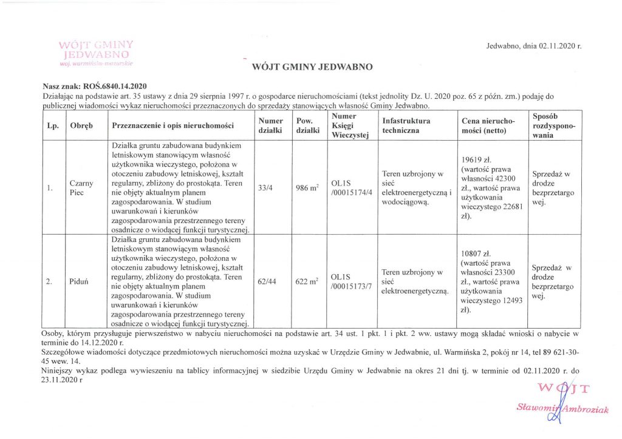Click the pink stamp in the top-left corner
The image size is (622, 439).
point(97,53)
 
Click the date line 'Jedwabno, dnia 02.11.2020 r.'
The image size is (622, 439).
point(535,47)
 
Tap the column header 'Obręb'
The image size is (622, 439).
point(81,126)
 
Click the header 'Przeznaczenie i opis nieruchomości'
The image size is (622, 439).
point(173,126)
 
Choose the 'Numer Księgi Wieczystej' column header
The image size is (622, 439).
point(350,126)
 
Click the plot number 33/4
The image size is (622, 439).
point(265,189)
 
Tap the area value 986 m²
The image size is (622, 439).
point(307,189)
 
